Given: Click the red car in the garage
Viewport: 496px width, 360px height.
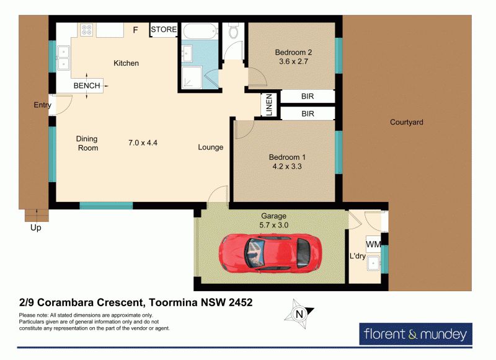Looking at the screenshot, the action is [x=270, y=252].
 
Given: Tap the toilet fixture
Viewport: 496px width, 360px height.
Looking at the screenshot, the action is [x=234, y=30].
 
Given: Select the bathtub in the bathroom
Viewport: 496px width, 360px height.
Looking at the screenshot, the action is [x=200, y=31].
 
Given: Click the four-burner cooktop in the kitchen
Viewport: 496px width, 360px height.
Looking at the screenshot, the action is [x=87, y=30].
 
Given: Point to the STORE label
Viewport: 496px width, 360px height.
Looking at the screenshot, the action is [x=164, y=29].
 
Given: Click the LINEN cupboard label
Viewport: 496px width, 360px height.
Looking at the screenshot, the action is [x=269, y=105].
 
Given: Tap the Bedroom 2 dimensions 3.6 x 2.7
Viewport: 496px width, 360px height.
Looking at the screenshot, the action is [x=293, y=61].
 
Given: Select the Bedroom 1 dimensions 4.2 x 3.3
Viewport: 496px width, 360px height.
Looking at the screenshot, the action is [x=287, y=166].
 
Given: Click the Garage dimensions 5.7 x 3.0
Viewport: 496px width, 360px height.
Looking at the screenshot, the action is [x=274, y=225].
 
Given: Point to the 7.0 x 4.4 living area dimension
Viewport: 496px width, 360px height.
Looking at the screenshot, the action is [x=143, y=143].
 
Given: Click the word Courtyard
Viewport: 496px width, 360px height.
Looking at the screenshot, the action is [x=407, y=122].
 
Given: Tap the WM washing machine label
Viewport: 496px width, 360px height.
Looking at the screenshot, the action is [x=373, y=244].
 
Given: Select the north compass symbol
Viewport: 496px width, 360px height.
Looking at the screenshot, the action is [x=299, y=314].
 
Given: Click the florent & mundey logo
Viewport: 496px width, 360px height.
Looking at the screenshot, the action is [x=415, y=334].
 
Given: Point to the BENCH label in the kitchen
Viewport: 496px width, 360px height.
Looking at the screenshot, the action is [x=87, y=86].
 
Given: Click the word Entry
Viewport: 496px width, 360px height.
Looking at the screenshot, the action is [x=42, y=105].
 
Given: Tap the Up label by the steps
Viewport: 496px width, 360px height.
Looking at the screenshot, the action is [x=36, y=227].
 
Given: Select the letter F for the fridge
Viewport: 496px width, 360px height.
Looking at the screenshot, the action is [x=135, y=30].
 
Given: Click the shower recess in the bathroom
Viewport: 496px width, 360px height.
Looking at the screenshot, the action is [x=192, y=77].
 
